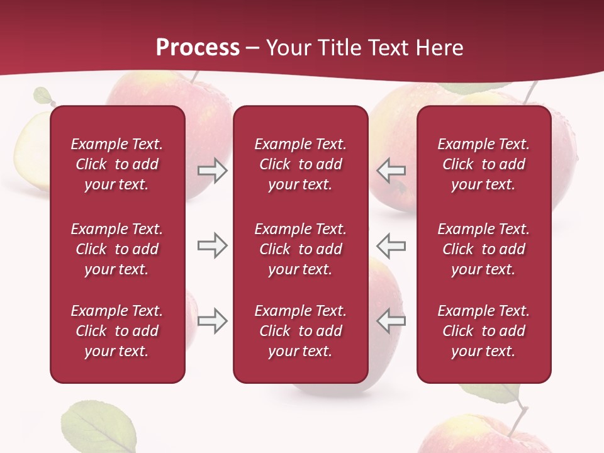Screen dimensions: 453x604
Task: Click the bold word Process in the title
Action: [x=198, y=48]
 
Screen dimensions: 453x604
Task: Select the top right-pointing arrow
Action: [x=212, y=171]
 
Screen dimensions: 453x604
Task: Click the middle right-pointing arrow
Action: [x=212, y=245]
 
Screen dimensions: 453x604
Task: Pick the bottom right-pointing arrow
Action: [x=212, y=321]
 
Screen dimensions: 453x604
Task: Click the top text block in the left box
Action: [x=117, y=164]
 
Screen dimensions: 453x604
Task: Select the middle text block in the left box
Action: [x=117, y=249]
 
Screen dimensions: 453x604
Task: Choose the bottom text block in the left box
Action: [x=117, y=331]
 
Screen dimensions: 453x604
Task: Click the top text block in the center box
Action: [x=300, y=164]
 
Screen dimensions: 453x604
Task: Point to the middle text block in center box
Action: [x=300, y=249]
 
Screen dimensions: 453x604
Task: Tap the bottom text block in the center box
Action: [x=300, y=331]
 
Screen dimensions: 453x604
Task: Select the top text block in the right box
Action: [x=483, y=164]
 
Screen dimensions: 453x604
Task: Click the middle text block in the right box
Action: [x=483, y=249]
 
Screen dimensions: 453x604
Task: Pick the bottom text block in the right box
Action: [x=483, y=331]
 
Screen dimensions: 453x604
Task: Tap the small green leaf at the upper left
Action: [x=42, y=96]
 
